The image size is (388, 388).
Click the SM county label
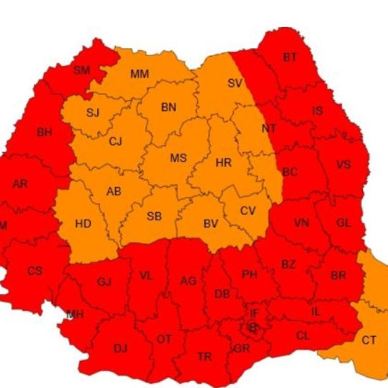(x=81, y=70)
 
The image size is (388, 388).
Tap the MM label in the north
(x=140, y=74)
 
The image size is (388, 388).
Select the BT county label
(x=290, y=57)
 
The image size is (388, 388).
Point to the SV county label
(x=234, y=83)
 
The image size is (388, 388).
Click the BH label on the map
(x=44, y=132)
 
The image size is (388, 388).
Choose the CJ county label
(x=116, y=141)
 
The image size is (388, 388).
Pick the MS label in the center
(x=178, y=158)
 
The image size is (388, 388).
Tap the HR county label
(x=223, y=163)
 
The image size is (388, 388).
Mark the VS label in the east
(x=343, y=165)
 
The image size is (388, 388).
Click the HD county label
(x=83, y=224)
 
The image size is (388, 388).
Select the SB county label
(x=154, y=216)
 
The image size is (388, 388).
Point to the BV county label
(x=210, y=224)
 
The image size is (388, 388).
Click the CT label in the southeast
(x=369, y=339)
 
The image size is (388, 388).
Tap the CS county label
(x=35, y=271)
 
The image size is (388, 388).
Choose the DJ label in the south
(x=120, y=348)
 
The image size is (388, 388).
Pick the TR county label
(x=205, y=357)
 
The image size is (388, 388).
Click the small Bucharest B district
(x=251, y=327)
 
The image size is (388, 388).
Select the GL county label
(x=344, y=222)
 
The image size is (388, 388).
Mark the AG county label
(x=188, y=281)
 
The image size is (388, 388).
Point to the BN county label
(x=168, y=108)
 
